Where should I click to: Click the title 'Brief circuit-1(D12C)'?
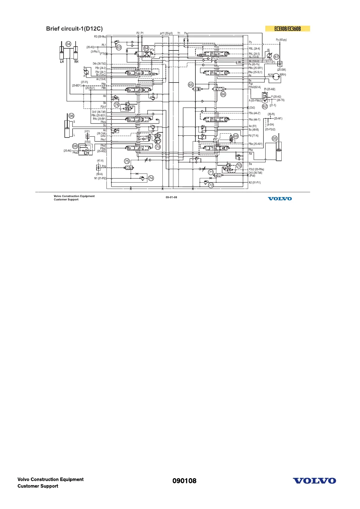coord(74,29)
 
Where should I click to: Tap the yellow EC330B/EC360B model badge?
coord(287,29)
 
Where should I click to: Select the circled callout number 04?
coord(68,44)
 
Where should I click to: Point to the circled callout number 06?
coord(71,116)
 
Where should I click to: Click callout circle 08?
coord(75,146)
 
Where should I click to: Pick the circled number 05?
coord(274,138)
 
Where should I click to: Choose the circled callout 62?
coord(265,106)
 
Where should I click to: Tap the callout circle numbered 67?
coord(276,57)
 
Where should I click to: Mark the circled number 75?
coord(127,161)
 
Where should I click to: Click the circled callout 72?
coord(211,185)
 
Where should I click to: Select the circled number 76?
coord(117,105)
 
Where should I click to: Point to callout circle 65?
coord(191,85)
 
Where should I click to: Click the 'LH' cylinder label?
coord(62,62)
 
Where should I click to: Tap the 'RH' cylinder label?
coord(76,62)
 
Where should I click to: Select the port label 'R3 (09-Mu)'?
coord(100,37)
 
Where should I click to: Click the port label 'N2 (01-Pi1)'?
coord(255,183)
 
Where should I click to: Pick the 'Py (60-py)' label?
coord(281,40)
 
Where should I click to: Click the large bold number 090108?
coord(184,481)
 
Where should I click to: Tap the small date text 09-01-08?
coord(171,197)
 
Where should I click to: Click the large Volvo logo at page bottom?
coord(314,481)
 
